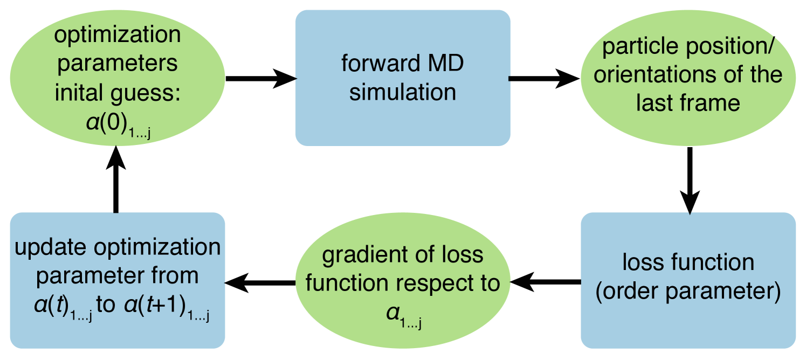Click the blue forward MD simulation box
402,78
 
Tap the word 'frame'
713,102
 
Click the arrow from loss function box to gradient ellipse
545,280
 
